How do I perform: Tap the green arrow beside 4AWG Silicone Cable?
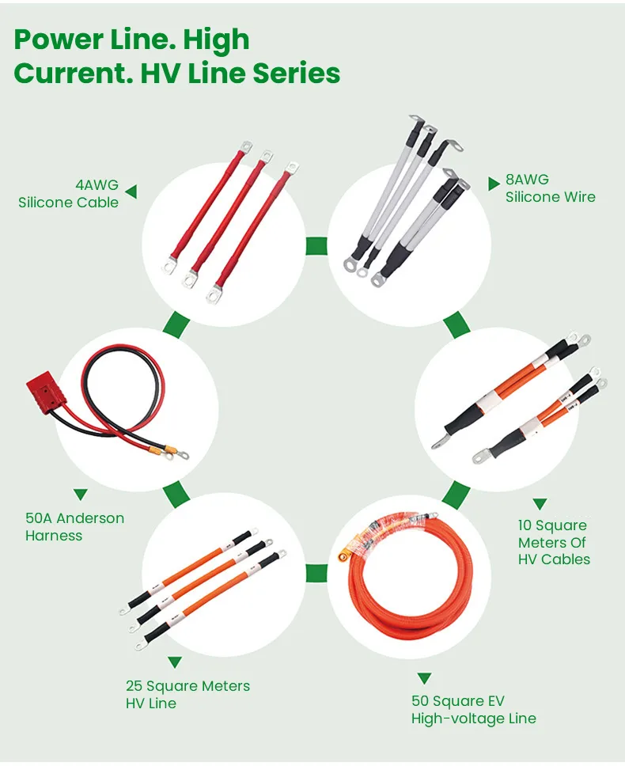coord(131,191)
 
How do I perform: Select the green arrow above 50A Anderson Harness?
coord(80,495)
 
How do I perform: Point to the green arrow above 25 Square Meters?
coord(175,662)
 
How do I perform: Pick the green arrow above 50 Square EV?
coord(424,678)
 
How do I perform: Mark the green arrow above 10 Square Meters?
coord(540,503)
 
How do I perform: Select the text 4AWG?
coord(97,185)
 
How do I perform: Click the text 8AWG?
coord(527,180)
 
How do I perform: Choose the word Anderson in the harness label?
coord(90,518)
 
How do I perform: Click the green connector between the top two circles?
coord(316,245)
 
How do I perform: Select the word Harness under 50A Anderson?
coord(54,536)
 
